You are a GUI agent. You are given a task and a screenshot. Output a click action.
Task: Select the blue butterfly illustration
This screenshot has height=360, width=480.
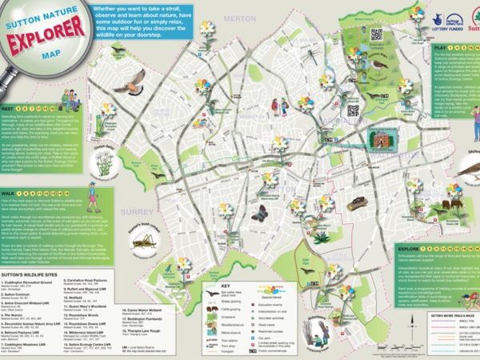pyautogui.click(x=258, y=214)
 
